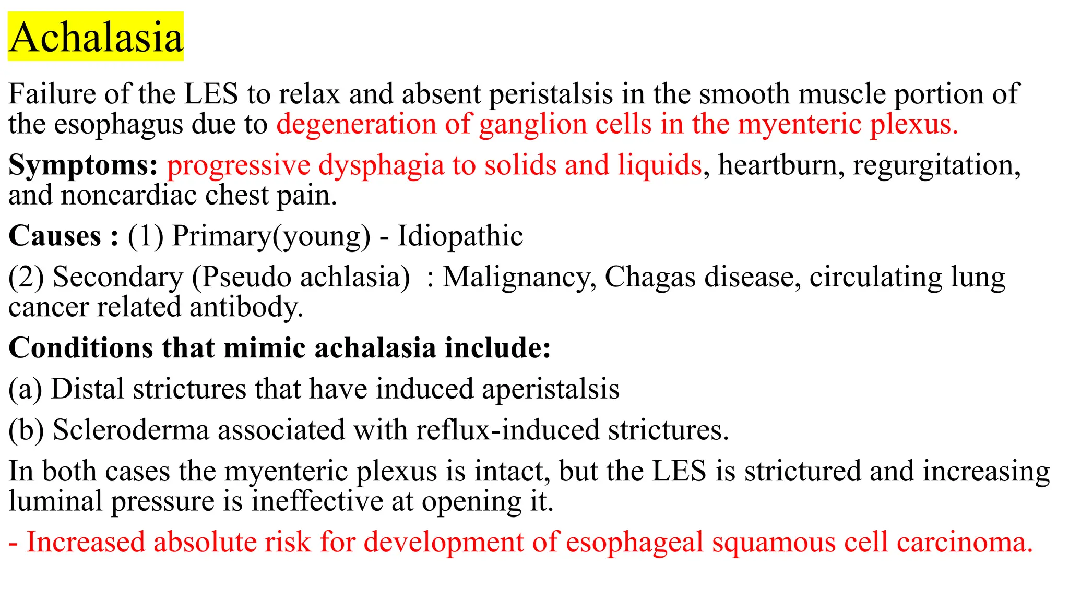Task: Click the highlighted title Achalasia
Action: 96,38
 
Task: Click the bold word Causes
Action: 55,236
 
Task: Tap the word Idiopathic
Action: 460,236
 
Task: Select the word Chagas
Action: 649,277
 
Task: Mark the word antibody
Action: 246,307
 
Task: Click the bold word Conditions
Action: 81,348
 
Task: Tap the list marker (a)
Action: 25,390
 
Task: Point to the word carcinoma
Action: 965,542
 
